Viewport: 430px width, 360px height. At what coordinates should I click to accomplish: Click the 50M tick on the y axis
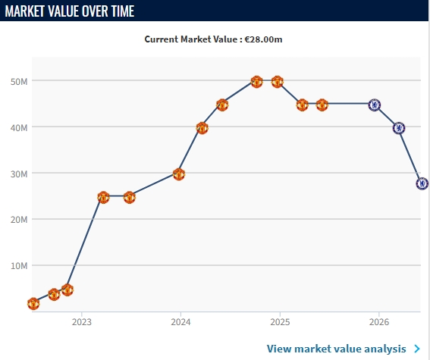pos(19,82)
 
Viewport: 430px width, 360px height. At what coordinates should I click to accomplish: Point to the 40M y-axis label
pos(19,128)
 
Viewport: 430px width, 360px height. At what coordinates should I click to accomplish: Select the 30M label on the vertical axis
pos(19,174)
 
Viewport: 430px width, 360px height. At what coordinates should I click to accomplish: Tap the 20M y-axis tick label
pos(19,220)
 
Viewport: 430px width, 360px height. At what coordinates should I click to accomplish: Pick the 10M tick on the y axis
pos(19,266)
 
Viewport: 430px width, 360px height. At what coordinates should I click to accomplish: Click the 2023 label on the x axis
pos(81,322)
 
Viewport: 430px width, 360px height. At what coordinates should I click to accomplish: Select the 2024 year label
pos(180,322)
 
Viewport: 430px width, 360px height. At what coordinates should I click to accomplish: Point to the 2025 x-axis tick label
pos(280,322)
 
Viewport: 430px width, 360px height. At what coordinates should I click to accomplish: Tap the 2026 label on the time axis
pos(379,322)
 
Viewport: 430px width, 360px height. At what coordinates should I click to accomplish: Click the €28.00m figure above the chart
pos(264,39)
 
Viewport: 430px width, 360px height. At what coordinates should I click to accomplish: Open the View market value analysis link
pos(337,349)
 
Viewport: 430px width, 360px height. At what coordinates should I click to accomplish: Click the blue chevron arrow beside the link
pos(417,349)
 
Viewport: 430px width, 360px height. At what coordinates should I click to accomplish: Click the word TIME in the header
pos(123,11)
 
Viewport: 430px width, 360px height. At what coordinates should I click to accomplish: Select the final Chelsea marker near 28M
pos(422,183)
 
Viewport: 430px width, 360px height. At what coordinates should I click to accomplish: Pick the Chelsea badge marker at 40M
pos(399,128)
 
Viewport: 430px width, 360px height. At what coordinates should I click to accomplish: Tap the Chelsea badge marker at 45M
pos(375,105)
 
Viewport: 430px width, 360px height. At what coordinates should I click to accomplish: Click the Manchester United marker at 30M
pos(179,174)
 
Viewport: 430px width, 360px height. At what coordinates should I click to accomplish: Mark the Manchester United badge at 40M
pos(202,128)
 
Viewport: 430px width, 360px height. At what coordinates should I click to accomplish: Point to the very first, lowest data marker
pos(33,304)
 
